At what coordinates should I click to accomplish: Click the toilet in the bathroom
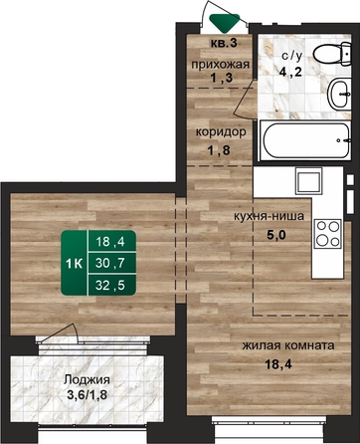point(332,54)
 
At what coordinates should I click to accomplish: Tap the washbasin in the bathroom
point(339,95)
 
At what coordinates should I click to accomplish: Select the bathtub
point(305,140)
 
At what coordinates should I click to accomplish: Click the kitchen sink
point(309,181)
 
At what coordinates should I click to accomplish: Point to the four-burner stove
point(328,233)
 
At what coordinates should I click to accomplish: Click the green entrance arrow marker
point(226,22)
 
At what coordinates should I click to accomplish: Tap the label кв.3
point(224,43)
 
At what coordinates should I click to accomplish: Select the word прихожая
point(220,65)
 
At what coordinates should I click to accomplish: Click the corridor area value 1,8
point(219,150)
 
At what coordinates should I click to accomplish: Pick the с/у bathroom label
point(292,56)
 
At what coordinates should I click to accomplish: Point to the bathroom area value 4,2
point(290,71)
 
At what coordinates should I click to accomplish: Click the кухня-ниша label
point(269,216)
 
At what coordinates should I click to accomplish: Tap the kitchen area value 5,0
point(276,235)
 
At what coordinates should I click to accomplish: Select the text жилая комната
point(288,345)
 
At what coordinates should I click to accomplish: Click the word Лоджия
point(87,379)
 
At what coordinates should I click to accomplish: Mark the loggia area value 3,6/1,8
point(87,395)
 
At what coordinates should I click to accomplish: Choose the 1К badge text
point(74,264)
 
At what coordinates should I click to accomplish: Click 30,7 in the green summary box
point(110,263)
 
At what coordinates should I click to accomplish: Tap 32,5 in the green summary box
point(110,285)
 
